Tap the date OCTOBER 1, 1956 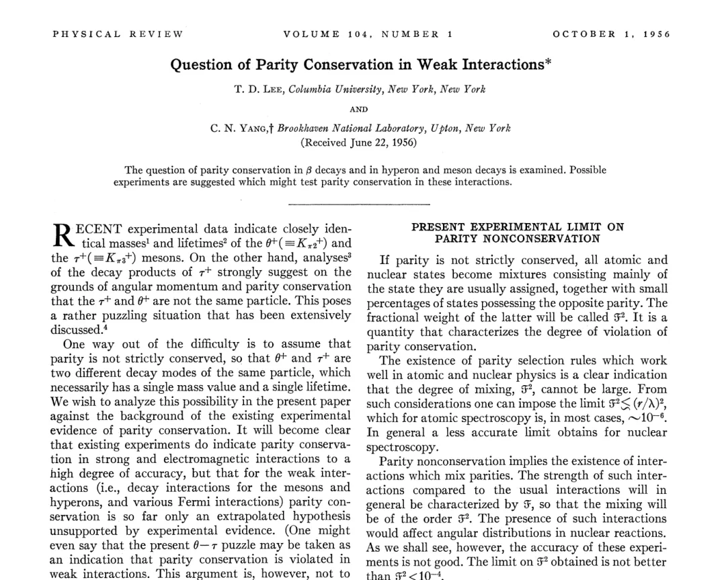(x=611, y=34)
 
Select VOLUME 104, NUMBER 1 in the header (x=362, y=34)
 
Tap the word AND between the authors (x=359, y=109)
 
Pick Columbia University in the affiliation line (x=335, y=89)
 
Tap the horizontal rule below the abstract (x=358, y=202)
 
